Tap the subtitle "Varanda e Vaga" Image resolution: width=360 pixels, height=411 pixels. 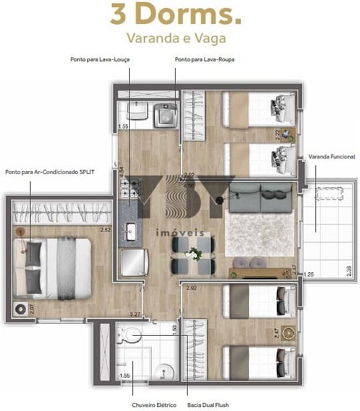[x=180, y=38]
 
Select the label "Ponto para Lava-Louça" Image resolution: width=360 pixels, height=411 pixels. [x=100, y=59]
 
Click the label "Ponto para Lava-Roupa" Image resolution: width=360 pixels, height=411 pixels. [x=204, y=59]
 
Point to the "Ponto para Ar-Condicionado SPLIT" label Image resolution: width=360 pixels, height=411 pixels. [x=50, y=172]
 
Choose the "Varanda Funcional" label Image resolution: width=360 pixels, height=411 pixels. [x=331, y=157]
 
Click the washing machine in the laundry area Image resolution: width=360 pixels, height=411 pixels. [x=165, y=115]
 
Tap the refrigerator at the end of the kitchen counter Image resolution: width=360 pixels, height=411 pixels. [x=134, y=262]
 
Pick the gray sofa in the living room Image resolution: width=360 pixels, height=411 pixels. [x=260, y=200]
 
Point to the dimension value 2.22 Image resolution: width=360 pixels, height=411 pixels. [x=277, y=133]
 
